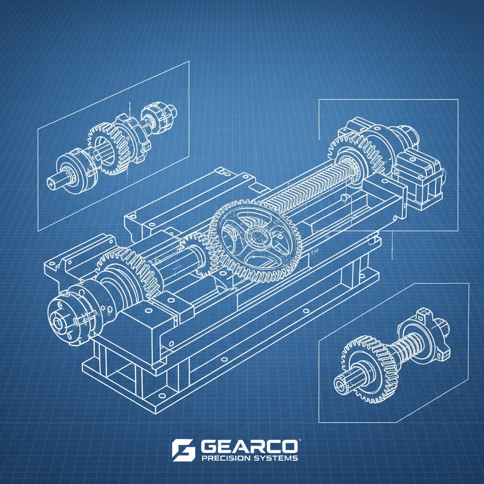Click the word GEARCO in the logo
(249, 447)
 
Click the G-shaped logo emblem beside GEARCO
(183, 449)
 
